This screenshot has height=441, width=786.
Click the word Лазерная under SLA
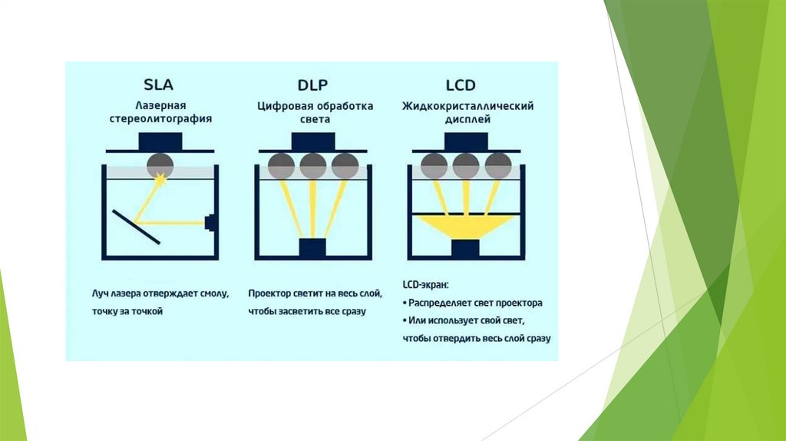(x=161, y=105)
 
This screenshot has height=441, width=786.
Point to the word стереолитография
(x=161, y=120)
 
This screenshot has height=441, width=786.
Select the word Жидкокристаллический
(x=467, y=105)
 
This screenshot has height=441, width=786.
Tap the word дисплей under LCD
(x=467, y=120)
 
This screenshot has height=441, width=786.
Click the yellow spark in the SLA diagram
(x=161, y=180)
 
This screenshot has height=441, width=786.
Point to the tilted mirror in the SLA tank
(x=136, y=226)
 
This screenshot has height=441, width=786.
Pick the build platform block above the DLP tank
(x=313, y=142)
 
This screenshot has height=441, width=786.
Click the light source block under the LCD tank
(x=466, y=250)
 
